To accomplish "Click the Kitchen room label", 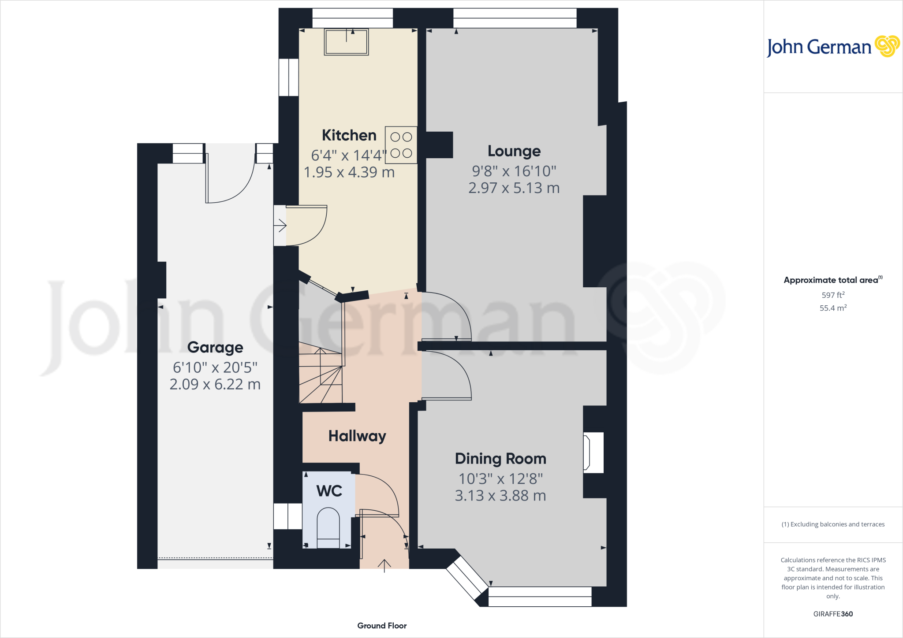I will [x=349, y=135].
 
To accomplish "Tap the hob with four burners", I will [x=401, y=145].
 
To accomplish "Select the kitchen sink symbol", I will [x=346, y=42].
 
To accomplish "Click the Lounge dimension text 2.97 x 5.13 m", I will [x=514, y=188].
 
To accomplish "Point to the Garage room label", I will [x=215, y=347].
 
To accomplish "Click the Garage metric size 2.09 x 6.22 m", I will [x=215, y=384].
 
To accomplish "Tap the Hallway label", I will [x=357, y=436].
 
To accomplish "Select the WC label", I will [x=329, y=491].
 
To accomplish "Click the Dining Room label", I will [x=500, y=459].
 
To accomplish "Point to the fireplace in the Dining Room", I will [x=593, y=453].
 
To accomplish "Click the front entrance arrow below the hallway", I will [x=384, y=565].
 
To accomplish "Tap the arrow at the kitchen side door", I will [x=280, y=226].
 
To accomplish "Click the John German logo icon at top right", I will [x=887, y=46].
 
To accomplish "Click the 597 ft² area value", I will [x=833, y=295].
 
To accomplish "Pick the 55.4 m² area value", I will [x=833, y=308].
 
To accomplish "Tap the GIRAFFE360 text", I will [x=833, y=614].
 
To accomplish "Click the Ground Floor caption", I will [x=382, y=626].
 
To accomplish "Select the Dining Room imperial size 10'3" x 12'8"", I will [x=500, y=478].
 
